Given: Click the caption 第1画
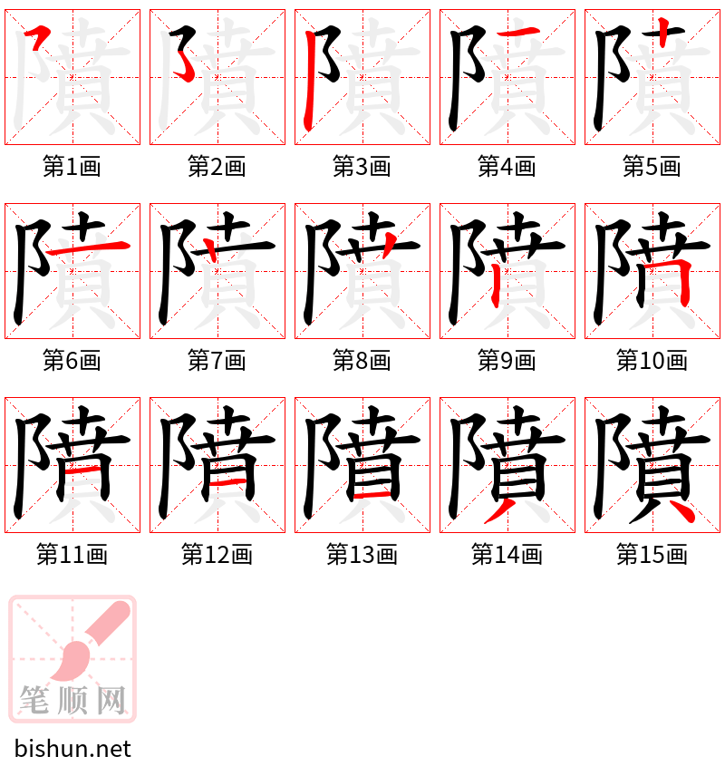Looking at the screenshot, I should pyautogui.click(x=72, y=167).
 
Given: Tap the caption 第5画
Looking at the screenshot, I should pyautogui.click(x=652, y=167).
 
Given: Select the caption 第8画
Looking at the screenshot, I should pyautogui.click(x=362, y=361).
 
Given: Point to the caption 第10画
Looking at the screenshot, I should pyautogui.click(x=652, y=361).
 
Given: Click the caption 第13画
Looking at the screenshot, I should pyautogui.click(x=362, y=555).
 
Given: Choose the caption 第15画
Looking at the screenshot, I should pyautogui.click(x=652, y=555).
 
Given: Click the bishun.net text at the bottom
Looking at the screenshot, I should pyautogui.click(x=73, y=749).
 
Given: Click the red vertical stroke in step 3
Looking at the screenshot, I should pyautogui.click(x=311, y=82).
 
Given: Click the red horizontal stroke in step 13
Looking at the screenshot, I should pyautogui.click(x=372, y=496).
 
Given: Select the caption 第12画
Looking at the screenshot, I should pyautogui.click(x=217, y=555).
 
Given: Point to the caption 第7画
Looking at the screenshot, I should pyautogui.click(x=217, y=361).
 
